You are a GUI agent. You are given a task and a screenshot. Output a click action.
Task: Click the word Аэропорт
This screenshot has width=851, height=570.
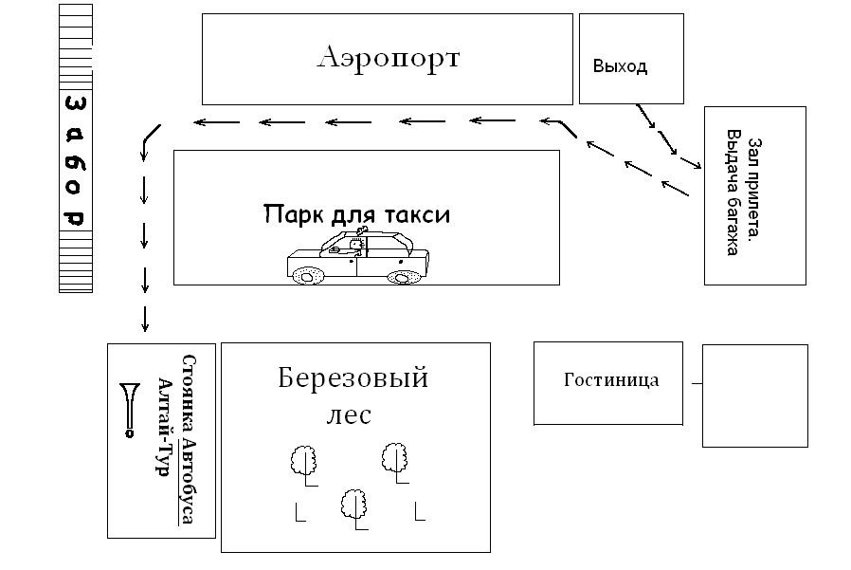click(389, 59)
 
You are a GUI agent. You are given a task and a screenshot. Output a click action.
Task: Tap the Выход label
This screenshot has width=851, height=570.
click(620, 66)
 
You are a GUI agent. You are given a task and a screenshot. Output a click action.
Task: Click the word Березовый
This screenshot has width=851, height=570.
click(353, 378)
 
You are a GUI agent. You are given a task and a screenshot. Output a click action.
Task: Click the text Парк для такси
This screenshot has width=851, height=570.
click(356, 214)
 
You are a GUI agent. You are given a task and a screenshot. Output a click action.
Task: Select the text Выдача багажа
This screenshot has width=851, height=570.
click(734, 194)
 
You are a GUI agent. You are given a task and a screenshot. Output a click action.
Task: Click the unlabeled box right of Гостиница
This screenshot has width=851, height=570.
click(754, 395)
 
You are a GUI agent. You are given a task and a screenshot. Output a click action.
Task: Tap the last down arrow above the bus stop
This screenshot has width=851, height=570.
click(145, 318)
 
